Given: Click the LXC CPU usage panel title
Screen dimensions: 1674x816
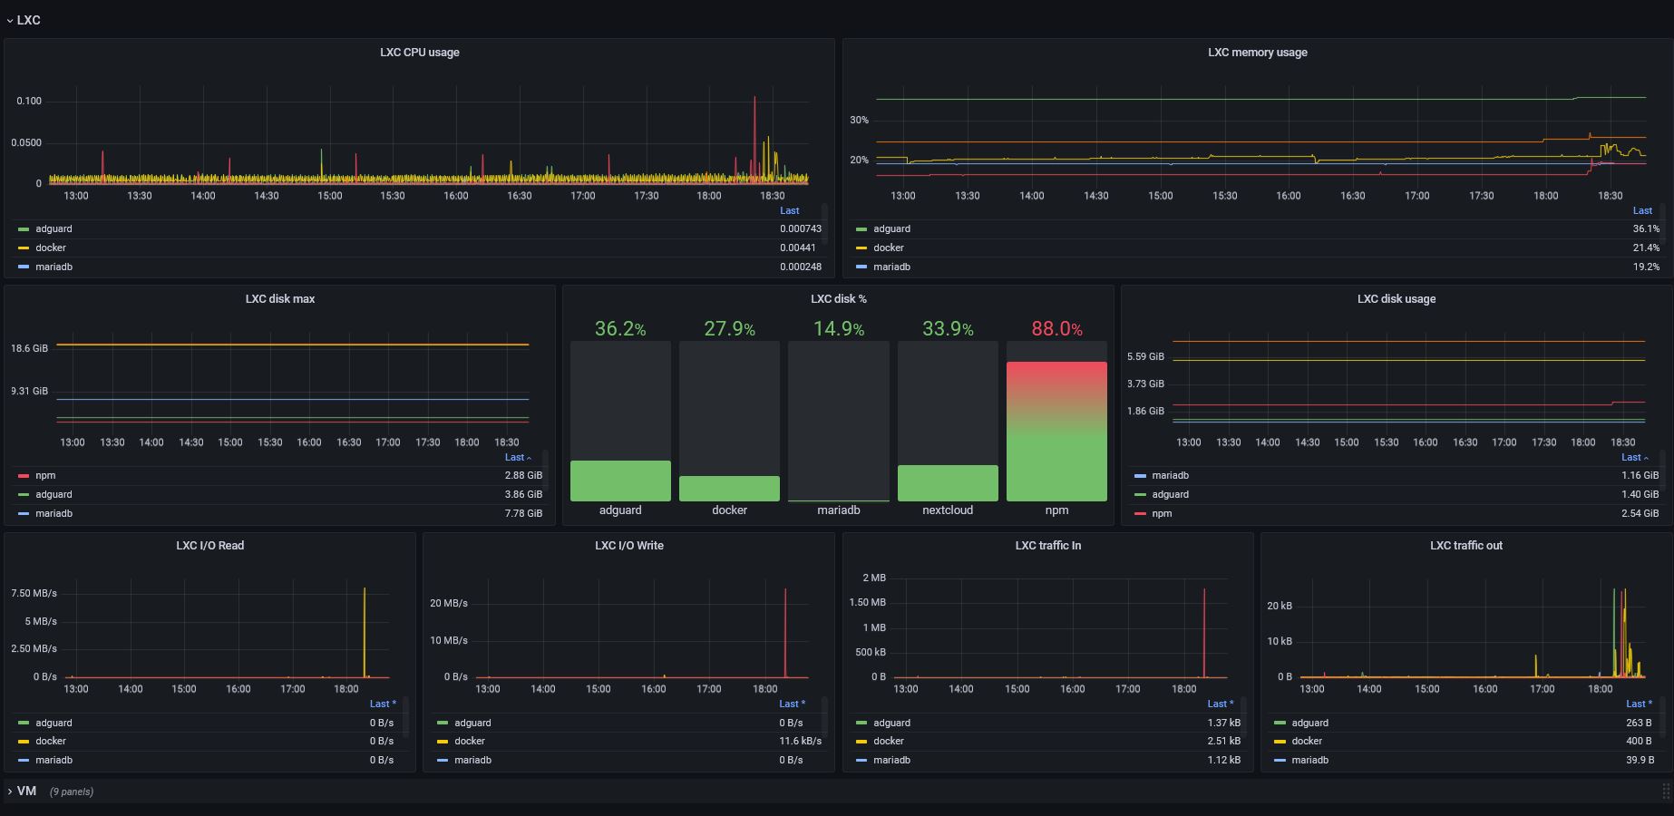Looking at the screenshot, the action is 419,53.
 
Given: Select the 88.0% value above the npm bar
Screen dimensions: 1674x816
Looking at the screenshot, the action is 1056,329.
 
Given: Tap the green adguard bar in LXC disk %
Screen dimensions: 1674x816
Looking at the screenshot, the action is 620,481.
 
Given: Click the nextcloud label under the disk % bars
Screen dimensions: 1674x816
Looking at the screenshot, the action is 948,510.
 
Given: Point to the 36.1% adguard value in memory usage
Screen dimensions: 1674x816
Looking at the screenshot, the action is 1646,229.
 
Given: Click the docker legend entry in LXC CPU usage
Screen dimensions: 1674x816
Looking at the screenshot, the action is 51,248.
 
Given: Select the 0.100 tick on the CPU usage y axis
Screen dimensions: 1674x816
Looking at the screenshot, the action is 29,101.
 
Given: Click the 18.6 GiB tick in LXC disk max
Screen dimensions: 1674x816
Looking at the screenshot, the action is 29,348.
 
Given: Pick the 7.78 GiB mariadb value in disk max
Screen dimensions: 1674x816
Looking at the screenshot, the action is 523,514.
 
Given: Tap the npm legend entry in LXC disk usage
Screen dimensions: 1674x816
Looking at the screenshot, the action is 1162,514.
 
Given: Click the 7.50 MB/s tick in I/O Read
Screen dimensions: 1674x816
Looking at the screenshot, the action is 34,593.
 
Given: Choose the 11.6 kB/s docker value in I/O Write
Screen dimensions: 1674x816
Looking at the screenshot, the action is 800,742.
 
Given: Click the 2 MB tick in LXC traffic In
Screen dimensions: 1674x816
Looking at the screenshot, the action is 874,578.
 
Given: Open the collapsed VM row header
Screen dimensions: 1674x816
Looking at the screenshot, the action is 27,792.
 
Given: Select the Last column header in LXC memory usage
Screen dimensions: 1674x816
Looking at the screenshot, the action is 1642,210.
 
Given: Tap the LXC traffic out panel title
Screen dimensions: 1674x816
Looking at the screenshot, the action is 1465,546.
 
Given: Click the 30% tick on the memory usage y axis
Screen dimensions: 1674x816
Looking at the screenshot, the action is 859,120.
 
